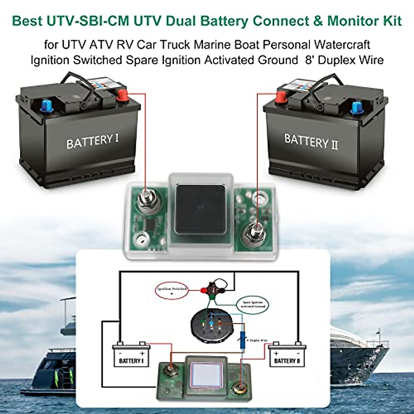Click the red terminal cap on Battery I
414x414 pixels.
point(122,95)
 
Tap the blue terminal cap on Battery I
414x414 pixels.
point(45,105)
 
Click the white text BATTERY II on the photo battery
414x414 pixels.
point(311,142)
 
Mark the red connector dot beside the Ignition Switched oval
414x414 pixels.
point(203,290)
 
